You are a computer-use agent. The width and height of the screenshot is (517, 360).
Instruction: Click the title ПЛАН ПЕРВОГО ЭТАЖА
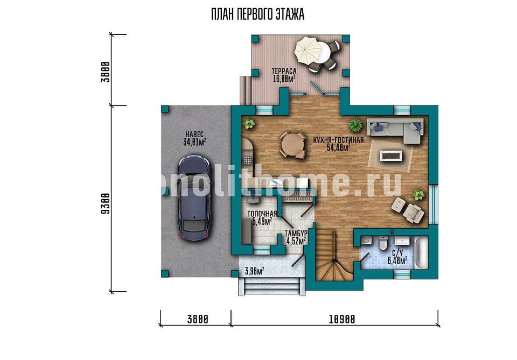point(257,15)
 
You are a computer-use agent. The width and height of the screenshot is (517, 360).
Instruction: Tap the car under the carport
point(194,197)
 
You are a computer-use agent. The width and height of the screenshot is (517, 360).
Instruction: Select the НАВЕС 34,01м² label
point(194,138)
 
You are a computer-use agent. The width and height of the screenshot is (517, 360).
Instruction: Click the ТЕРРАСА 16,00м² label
point(284,75)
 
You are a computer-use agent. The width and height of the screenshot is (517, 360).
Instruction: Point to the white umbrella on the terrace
point(308,51)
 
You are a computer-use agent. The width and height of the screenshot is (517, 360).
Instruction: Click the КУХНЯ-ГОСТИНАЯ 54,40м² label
point(339,144)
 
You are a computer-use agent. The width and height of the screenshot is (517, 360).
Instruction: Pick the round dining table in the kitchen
point(293,145)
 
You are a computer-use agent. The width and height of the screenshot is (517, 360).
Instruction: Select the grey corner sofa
point(395,130)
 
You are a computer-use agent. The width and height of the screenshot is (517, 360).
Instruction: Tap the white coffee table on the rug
point(391,156)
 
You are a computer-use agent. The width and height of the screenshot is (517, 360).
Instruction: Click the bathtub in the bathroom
point(421,252)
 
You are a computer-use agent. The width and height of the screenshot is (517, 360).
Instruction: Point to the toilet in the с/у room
point(383,243)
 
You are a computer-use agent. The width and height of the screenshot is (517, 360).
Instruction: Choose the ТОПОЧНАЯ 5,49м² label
point(262,218)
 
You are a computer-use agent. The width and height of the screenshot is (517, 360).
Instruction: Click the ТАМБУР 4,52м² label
point(296,237)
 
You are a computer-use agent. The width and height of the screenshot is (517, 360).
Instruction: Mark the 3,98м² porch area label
point(254,271)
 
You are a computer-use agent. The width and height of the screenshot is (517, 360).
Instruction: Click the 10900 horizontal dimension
point(342,319)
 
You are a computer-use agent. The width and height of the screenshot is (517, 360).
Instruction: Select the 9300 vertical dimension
point(105,203)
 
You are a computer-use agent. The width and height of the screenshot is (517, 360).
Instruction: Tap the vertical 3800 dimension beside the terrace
point(105,72)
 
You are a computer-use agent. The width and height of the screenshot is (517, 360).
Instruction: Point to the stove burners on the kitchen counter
point(247,160)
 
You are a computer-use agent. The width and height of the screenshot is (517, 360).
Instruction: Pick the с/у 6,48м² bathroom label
point(397,257)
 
